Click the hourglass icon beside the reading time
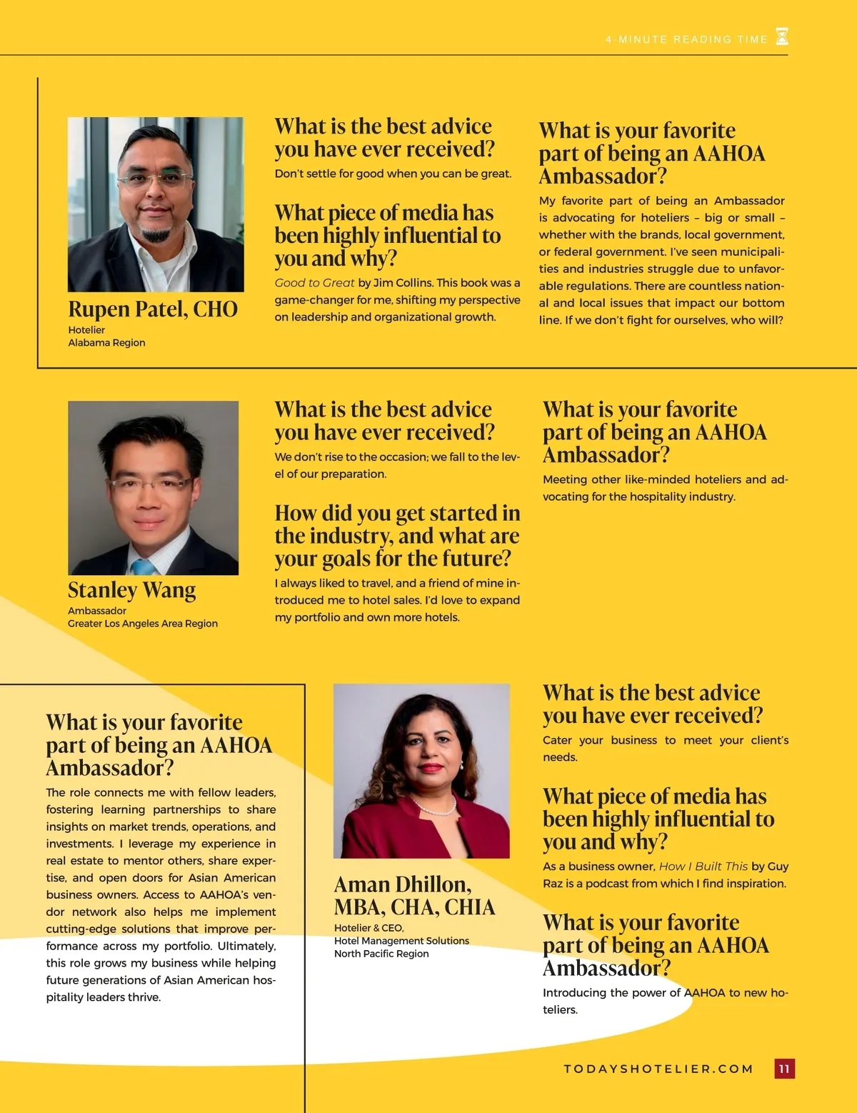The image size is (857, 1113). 782,37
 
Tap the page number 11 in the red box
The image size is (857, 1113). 784,1069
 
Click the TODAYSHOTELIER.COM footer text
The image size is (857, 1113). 658,1069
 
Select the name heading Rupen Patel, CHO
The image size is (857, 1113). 153,309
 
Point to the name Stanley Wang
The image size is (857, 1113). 131,590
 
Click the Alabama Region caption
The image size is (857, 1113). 106,343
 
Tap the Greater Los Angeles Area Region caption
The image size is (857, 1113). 143,624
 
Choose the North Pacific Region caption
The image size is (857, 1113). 381,954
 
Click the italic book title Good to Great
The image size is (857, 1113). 314,283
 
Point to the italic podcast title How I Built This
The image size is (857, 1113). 703,867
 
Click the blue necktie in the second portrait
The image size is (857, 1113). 143,567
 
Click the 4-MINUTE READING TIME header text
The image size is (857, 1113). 686,40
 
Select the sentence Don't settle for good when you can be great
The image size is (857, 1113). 393,174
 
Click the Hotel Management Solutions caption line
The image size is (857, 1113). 401,941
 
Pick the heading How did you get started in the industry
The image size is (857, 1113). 397,536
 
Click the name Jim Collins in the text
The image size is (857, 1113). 402,283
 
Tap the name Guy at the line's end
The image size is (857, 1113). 778,867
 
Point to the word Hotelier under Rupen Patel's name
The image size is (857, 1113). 86,330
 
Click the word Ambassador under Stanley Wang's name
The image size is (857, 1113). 97,611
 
